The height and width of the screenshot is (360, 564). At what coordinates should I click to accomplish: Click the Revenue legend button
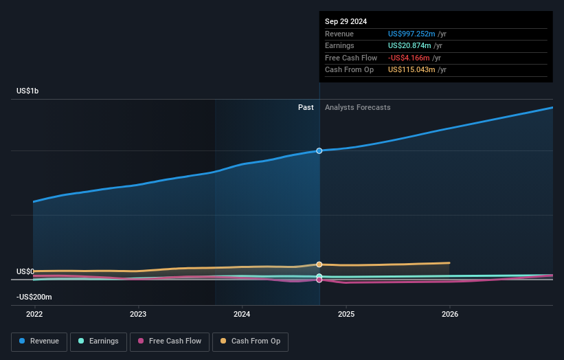tap(39, 341)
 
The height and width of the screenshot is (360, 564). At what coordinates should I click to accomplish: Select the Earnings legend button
tap(98, 341)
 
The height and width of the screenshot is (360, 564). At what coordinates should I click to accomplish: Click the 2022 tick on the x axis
tap(34, 314)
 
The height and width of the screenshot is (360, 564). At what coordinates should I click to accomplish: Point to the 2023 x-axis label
tap(138, 314)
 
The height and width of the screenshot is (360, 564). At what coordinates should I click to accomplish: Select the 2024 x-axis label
tap(242, 314)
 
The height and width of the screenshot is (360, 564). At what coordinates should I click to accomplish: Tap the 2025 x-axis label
tap(346, 314)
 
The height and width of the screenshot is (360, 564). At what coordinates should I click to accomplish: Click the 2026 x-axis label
tap(450, 314)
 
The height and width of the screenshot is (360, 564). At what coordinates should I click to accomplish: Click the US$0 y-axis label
tap(25, 271)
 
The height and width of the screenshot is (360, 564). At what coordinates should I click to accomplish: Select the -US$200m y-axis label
tap(35, 297)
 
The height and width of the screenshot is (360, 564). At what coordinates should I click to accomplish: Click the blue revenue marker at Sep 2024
tap(319, 150)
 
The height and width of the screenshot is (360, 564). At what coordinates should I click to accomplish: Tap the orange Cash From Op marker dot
tap(319, 265)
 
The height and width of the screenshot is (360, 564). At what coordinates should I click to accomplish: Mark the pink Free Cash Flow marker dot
tap(319, 280)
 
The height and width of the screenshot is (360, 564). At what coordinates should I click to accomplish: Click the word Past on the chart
tap(306, 107)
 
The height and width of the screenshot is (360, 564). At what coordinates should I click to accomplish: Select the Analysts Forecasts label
tap(357, 107)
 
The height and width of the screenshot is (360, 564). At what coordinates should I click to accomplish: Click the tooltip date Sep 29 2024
tap(346, 21)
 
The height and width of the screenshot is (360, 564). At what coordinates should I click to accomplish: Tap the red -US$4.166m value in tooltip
tap(410, 58)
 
